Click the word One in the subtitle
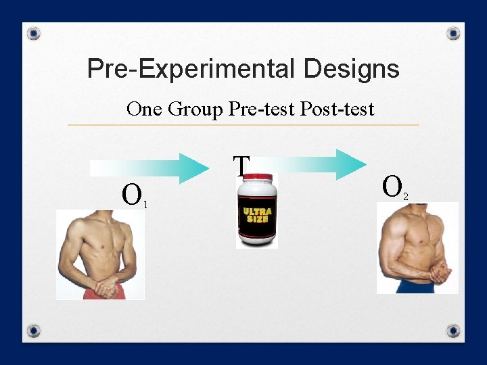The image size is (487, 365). pos(143,109)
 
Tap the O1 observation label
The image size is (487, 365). pos(133,195)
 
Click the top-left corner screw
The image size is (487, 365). pos(34,33)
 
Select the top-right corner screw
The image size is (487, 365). pos(454,33)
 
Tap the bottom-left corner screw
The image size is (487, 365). pos(34,331)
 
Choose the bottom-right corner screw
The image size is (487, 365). pos(454,331)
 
